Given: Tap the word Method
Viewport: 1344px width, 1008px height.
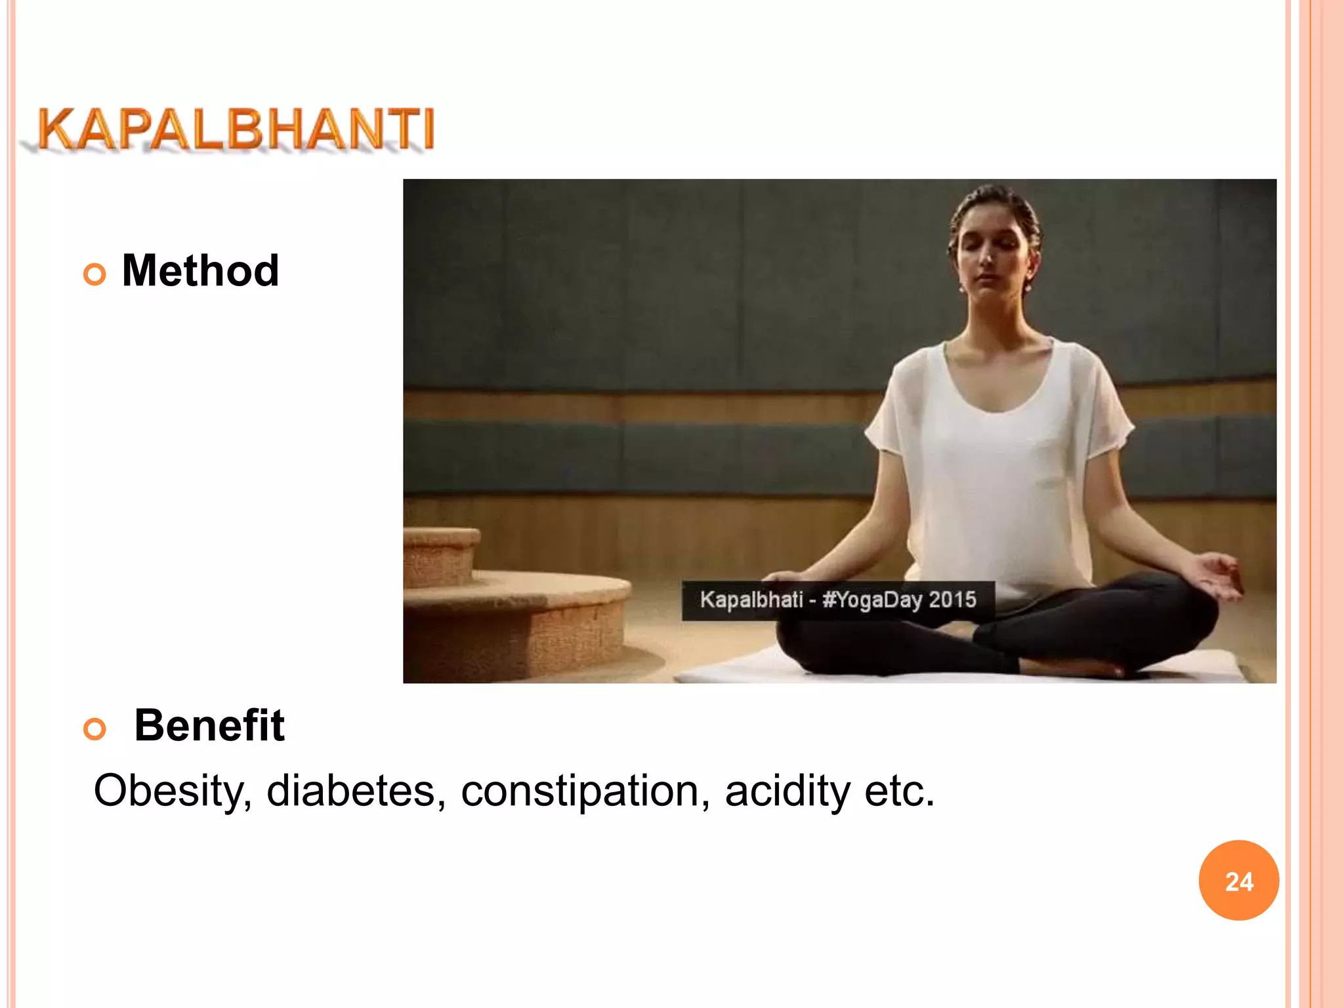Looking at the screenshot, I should click(x=200, y=271).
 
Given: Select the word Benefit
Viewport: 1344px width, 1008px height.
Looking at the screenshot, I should click(x=209, y=726).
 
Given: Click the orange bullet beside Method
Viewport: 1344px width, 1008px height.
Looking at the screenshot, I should click(x=95, y=274).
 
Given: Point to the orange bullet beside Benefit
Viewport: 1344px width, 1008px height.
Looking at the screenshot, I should click(x=95, y=728).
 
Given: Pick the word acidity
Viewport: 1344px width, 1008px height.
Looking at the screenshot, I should click(x=787, y=791).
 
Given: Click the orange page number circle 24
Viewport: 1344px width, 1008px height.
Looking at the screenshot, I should click(x=1238, y=881).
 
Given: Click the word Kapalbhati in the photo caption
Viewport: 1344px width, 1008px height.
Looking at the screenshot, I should click(x=751, y=600).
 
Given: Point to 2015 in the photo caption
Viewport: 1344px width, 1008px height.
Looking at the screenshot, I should click(x=952, y=600).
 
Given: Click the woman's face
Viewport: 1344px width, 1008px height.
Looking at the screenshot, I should click(x=991, y=256).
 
